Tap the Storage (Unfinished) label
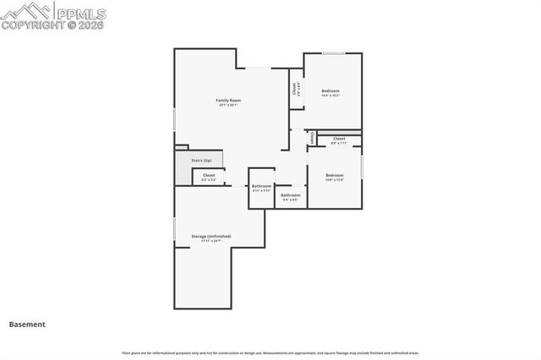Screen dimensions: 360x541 click(x=210, y=236)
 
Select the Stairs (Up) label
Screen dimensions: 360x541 click(x=201, y=159)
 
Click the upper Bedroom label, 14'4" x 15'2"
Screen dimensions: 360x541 click(x=330, y=90)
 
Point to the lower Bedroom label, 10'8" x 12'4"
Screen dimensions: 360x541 click(x=335, y=175)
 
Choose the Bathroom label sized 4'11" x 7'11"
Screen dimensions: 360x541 click(x=261, y=186)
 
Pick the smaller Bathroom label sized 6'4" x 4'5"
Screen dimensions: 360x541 click(x=291, y=195)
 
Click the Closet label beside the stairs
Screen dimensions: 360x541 click(x=209, y=175)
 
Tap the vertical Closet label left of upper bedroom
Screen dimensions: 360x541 click(x=294, y=89)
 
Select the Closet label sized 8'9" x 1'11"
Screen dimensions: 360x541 click(x=339, y=139)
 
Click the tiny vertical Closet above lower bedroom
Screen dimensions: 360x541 click(x=312, y=137)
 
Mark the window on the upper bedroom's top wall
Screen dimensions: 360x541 click(x=333, y=53)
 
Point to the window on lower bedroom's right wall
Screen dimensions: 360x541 click(x=362, y=166)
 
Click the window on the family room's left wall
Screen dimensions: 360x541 click(x=175, y=118)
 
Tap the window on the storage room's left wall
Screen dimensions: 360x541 click(x=175, y=229)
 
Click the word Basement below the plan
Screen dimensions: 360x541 click(x=27, y=324)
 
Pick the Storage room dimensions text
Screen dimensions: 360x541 click(x=210, y=242)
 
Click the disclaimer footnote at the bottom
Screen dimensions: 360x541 click(x=270, y=352)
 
